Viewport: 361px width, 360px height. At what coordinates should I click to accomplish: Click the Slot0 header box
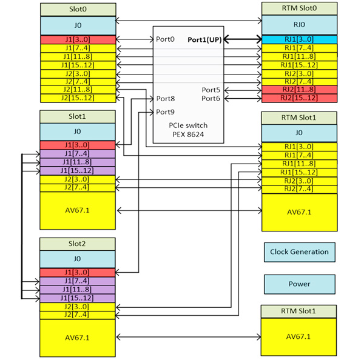pos(77,9)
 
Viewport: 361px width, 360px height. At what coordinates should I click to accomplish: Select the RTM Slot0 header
pos(298,9)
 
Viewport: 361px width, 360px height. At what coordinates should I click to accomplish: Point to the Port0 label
pos(165,39)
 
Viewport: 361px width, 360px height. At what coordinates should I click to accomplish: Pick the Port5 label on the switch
pos(211,89)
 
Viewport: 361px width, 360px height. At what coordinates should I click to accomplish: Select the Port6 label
pos(211,98)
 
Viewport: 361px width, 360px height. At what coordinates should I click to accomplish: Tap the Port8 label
pos(165,98)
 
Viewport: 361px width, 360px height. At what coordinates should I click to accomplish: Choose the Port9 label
pos(165,112)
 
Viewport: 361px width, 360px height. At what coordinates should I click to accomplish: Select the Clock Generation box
pos(299,252)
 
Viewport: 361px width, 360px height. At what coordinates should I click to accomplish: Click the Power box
pos(299,283)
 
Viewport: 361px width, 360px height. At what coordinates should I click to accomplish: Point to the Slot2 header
pos(77,243)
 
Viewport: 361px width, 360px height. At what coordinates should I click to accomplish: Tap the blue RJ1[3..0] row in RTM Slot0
pos(298,39)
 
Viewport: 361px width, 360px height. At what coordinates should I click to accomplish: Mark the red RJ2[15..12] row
pos(298,98)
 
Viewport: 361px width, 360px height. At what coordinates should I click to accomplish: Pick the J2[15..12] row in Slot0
pos(77,98)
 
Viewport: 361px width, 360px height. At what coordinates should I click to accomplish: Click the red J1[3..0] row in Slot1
pos(77,145)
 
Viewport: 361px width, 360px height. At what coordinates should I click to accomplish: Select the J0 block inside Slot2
pos(77,259)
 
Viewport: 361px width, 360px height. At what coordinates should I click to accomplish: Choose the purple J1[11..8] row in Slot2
pos(77,289)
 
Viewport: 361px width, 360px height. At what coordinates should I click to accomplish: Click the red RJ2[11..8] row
pos(298,90)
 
